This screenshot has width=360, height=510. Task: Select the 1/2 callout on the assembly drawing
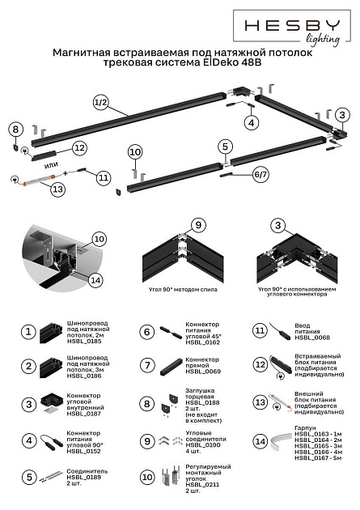click(x=100, y=103)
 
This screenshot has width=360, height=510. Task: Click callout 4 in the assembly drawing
click(x=252, y=123)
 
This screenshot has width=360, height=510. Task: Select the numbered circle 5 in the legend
click(x=28, y=478)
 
